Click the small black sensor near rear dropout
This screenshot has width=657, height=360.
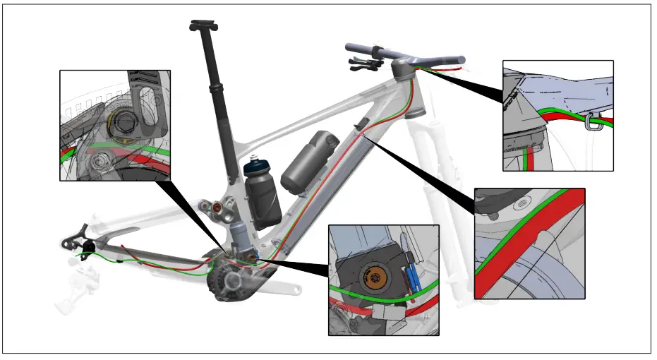89,246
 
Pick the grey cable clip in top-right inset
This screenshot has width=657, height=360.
591,124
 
